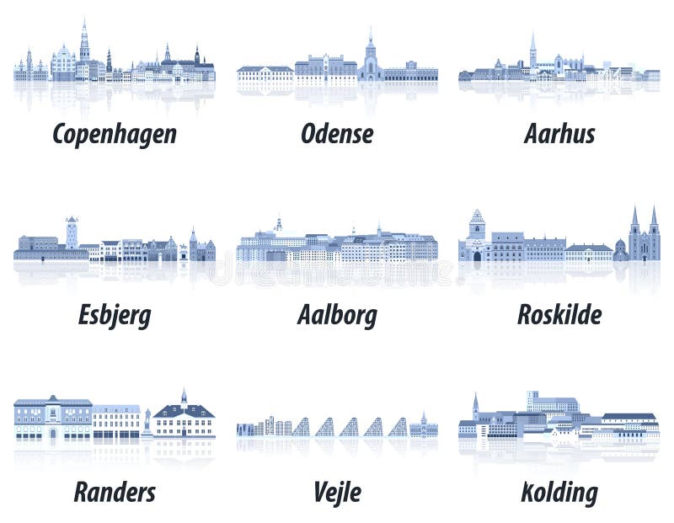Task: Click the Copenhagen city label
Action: coord(115,134)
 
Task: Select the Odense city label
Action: coord(337,134)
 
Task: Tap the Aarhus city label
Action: coord(559,134)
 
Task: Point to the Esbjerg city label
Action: coord(115,315)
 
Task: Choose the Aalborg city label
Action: coord(337,315)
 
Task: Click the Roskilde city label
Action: coord(559,315)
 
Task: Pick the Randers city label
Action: coord(115,492)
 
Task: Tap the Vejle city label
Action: coord(337,492)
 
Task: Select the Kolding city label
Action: coord(559,492)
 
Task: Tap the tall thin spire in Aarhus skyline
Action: coord(532,51)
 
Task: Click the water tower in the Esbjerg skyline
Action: coord(72,232)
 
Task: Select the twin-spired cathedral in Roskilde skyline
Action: coord(644,236)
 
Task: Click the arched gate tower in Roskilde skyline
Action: coord(477,236)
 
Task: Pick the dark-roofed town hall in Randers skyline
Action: coord(184,418)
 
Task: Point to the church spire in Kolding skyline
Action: coord(475,405)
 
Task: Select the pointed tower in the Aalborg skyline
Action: coord(278,223)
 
